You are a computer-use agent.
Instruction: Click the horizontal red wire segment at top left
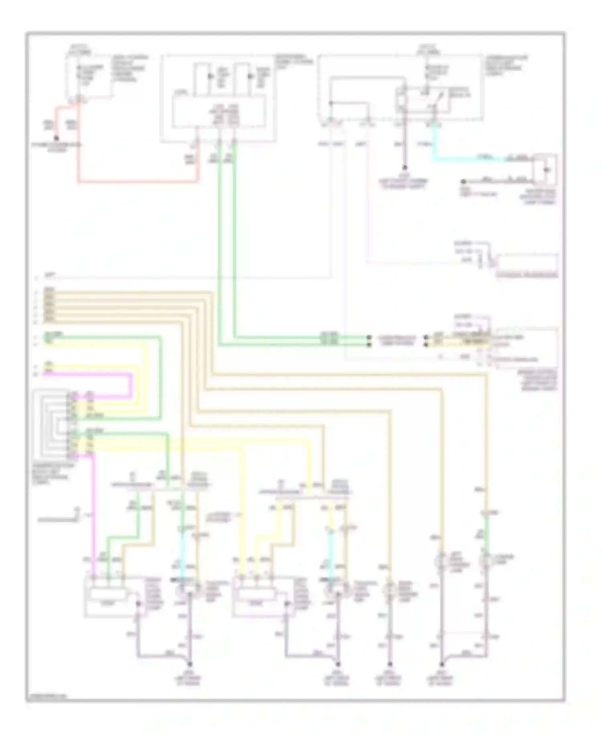pos(136,182)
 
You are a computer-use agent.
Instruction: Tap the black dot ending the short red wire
pos(57,138)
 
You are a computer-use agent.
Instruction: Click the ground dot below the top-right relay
pos(405,168)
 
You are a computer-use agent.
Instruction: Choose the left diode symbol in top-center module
pos(209,76)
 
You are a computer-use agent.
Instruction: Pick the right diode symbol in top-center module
pos(250,76)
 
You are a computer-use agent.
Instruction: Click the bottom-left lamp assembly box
pos(106,596)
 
